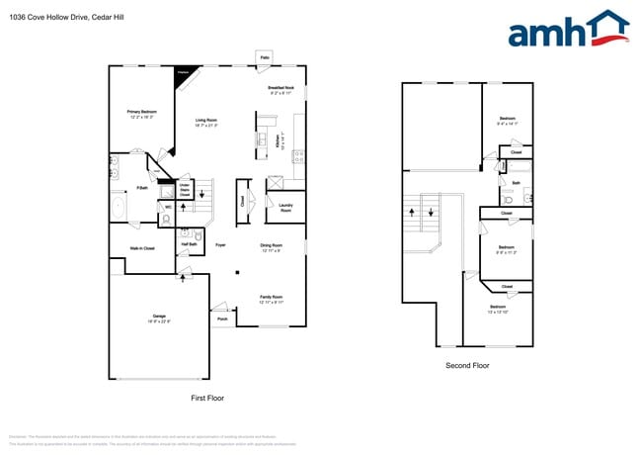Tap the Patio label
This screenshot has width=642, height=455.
(265, 58)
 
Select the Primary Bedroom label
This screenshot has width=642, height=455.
(142, 114)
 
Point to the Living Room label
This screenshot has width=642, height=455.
(205, 123)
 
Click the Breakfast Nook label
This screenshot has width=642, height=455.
(281, 90)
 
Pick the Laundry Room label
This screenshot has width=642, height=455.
(285, 209)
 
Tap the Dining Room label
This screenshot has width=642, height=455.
(271, 246)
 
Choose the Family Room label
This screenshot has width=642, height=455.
(271, 298)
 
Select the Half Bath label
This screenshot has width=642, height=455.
(190, 244)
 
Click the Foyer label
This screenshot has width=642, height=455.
(220, 244)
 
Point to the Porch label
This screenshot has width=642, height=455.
(222, 318)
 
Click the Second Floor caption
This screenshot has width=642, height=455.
(468, 365)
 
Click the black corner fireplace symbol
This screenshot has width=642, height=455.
(184, 77)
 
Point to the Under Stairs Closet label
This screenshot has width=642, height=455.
(184, 189)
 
